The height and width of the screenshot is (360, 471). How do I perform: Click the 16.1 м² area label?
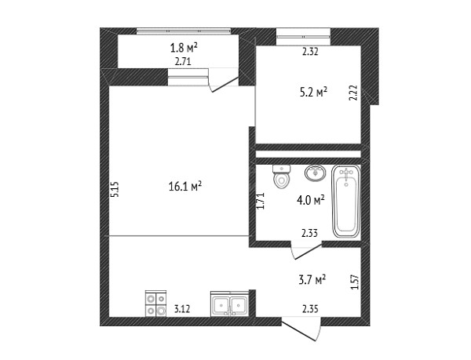point(185,187)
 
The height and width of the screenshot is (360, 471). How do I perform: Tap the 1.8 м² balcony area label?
point(184,47)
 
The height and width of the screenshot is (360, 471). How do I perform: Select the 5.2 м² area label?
point(313,92)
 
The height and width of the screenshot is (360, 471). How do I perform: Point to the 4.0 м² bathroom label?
point(311,200)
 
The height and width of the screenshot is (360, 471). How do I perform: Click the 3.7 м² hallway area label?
point(312,280)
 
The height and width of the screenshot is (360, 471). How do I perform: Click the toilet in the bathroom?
point(282,176)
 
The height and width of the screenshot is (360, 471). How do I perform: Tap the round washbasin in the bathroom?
point(315,173)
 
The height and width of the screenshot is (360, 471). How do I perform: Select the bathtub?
point(346,202)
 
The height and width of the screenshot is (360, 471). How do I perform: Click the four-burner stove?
point(155,304)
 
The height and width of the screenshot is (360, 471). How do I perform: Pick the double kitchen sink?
point(230,304)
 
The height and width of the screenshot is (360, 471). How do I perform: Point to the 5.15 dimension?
point(115,189)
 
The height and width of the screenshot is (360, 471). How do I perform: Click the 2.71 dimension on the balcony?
point(183,62)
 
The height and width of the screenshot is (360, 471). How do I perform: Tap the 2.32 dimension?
point(310,52)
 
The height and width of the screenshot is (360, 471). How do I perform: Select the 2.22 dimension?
point(353,93)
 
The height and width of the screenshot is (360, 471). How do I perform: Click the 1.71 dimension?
point(260,201)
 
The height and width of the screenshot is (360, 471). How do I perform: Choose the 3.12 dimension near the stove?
point(182,309)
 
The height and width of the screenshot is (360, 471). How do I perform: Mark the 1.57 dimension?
point(355,282)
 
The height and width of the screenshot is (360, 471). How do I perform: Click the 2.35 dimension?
point(310,308)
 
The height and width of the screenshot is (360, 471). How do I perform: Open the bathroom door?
point(307,251)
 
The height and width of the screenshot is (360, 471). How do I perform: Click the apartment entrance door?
point(301,329)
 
